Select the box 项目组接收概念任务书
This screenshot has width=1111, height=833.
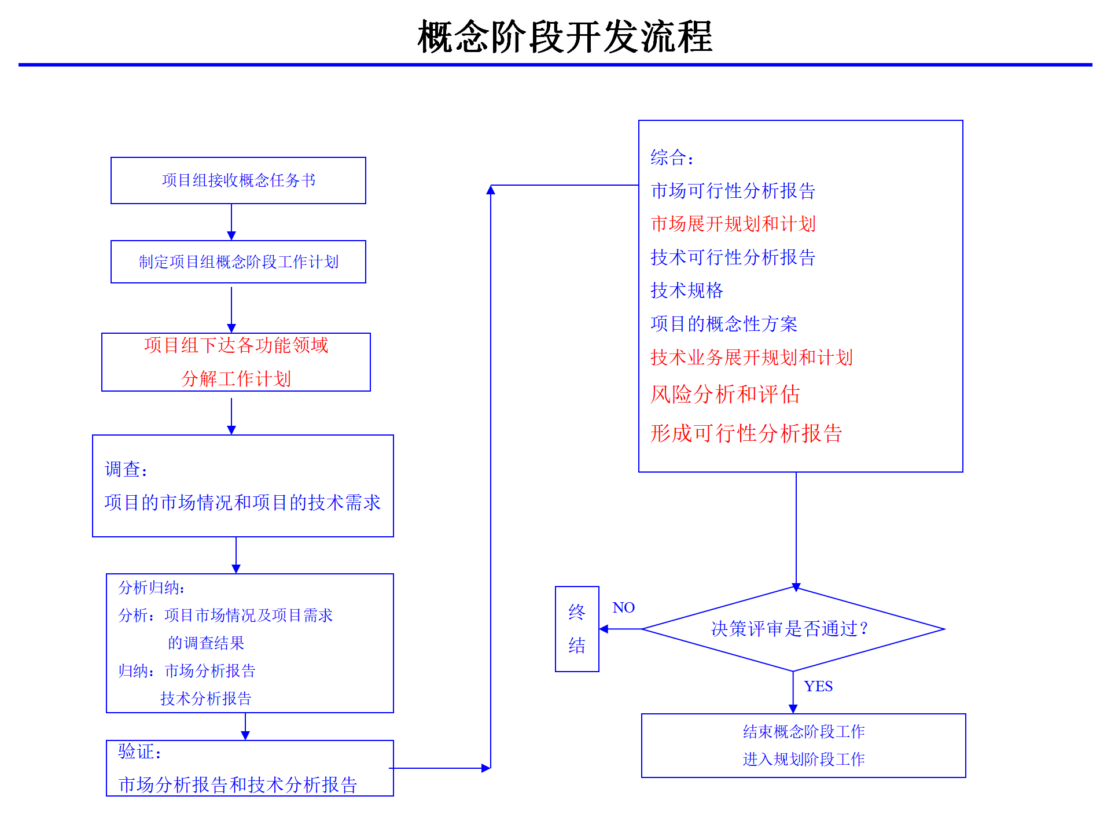coord(238,180)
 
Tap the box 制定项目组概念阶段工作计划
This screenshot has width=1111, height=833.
coord(238,262)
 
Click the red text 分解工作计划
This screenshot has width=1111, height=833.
coord(236,379)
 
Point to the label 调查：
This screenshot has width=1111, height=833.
coord(126,469)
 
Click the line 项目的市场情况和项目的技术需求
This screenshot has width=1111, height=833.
coord(242,502)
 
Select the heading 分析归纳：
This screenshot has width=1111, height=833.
coord(152,588)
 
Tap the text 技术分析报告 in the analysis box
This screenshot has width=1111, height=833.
coord(206,698)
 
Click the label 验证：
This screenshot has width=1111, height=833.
coord(139,751)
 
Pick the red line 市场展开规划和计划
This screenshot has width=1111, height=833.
coord(733,224)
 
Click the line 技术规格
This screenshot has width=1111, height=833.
coord(687,290)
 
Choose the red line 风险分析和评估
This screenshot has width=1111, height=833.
coord(725,395)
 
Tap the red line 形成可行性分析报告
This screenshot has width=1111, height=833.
coord(746,433)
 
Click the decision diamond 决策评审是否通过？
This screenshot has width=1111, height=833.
coord(793,629)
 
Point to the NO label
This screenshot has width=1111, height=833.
coord(623,607)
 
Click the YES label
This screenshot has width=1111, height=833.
coord(818,686)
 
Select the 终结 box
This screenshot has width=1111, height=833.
coord(577,629)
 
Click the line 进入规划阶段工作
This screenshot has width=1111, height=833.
coord(804,759)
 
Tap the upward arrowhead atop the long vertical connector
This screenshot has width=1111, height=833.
coord(491,190)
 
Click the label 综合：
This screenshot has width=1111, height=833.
coord(672,157)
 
